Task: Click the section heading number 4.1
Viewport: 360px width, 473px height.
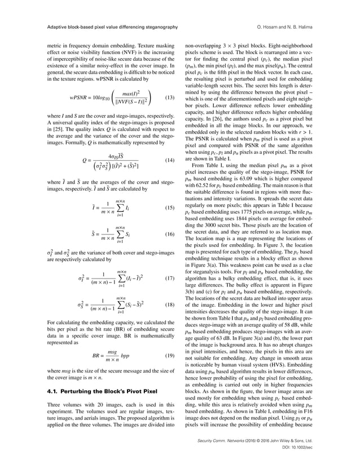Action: point(53,390)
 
